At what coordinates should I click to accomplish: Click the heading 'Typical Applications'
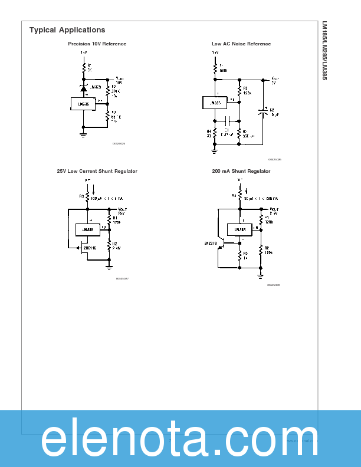click(67, 30)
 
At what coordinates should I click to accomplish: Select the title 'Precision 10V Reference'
click(97, 44)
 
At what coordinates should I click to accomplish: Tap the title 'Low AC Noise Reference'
click(233, 44)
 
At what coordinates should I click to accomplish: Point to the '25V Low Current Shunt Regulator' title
click(97, 171)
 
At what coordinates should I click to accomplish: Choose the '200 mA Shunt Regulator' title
click(241, 171)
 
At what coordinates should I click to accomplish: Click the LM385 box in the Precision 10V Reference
click(83, 104)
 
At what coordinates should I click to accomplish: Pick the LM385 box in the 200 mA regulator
click(239, 229)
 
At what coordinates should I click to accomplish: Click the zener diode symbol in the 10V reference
click(83, 88)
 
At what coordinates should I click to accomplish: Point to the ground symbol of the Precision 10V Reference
click(83, 134)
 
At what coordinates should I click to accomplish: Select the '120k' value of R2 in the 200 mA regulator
click(269, 252)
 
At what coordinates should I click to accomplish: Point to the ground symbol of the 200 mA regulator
click(261, 275)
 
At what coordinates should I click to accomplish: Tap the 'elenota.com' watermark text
click(180, 439)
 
